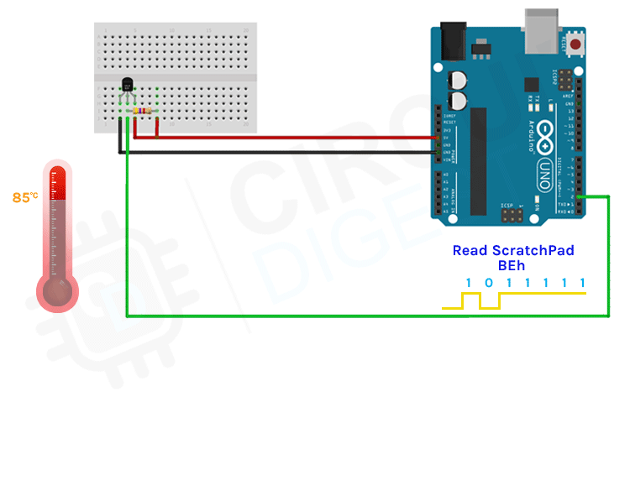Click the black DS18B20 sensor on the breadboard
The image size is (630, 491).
tap(128, 85)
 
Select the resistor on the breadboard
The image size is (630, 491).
tap(140, 111)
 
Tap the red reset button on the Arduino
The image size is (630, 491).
tap(576, 44)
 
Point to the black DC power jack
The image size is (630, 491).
tap(454, 39)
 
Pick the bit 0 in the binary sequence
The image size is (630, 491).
tap(489, 283)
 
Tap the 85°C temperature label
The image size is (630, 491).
tap(24, 198)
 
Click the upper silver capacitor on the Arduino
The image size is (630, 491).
tap(459, 81)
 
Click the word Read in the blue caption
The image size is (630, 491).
tap(470, 250)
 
